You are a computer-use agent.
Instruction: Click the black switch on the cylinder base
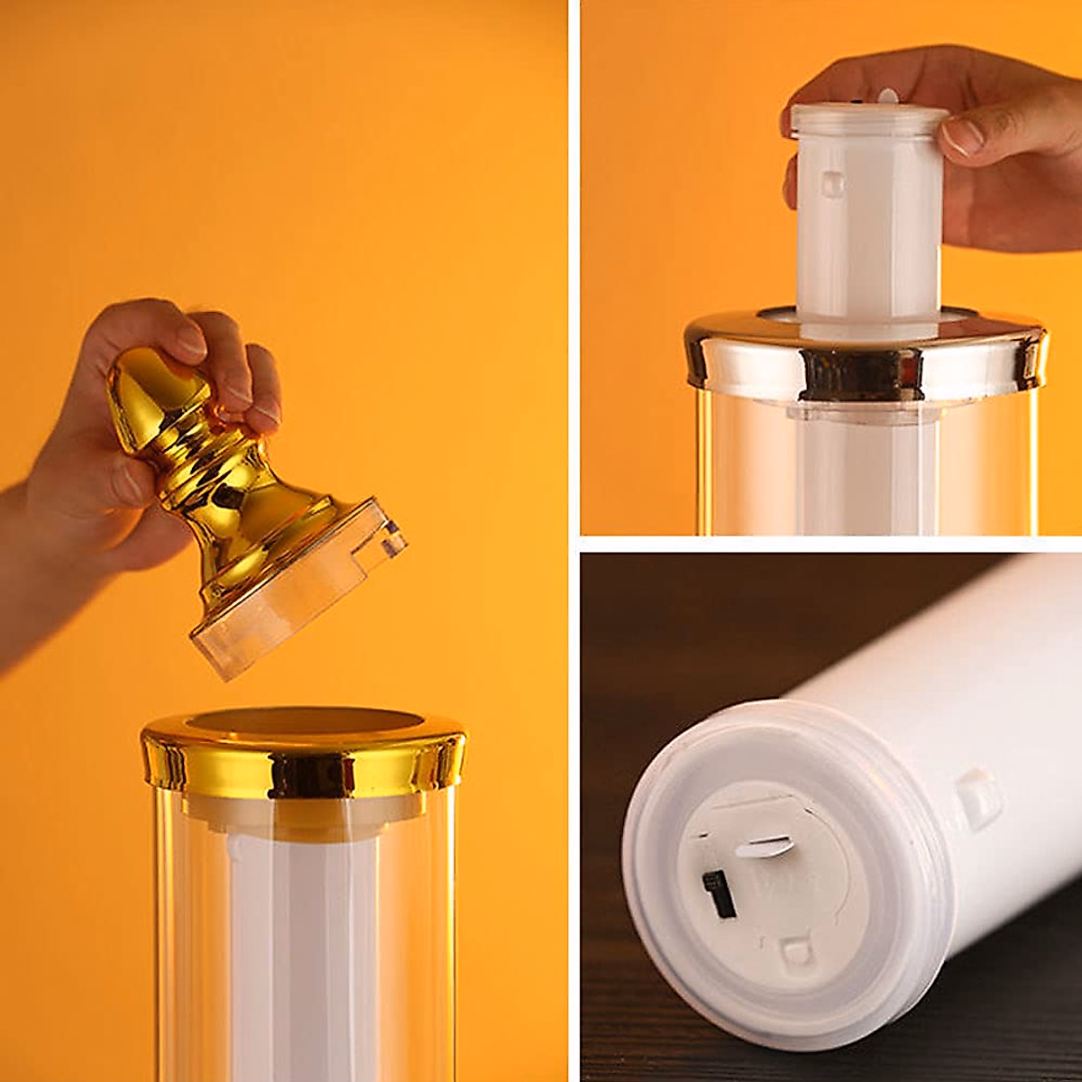click(718, 894)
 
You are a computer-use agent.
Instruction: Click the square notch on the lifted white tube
click(832, 185)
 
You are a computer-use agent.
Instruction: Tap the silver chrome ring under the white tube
click(866, 361)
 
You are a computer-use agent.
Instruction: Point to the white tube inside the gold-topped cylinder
click(298, 947)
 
